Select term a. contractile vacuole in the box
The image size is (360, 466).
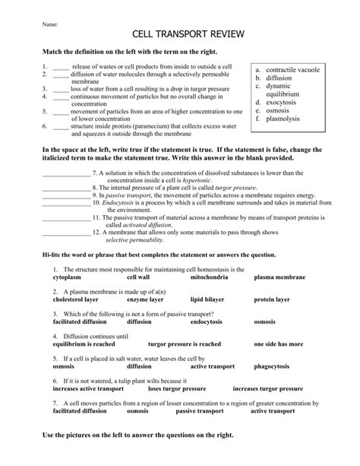point(292,69)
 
